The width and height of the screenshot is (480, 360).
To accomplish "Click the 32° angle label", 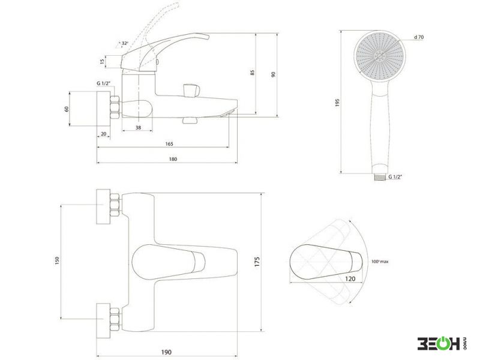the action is (125, 43).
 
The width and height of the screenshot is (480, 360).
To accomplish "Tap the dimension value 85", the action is (253, 73).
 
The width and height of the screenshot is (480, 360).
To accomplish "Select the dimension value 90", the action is (274, 74).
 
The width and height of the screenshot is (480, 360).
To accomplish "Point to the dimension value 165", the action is (169, 144).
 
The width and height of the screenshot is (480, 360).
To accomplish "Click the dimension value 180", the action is (173, 159).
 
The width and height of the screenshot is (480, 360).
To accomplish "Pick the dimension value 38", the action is (139, 128).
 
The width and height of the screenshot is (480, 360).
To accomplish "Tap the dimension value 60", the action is (67, 109).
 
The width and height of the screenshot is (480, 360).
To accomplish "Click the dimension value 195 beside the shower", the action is (337, 103).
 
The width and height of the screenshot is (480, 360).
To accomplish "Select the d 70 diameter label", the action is (419, 37).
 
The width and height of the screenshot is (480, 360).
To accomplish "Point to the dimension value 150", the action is (57, 260).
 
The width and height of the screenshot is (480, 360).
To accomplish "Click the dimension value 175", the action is (257, 262).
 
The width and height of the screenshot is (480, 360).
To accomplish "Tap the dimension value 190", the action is (166, 352).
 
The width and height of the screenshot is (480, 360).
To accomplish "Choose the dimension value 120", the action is (350, 279).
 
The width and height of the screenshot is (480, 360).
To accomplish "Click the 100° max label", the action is (380, 262).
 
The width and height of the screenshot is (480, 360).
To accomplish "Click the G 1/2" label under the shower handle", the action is (395, 176).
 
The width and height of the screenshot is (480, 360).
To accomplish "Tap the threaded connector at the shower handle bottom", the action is (380, 177).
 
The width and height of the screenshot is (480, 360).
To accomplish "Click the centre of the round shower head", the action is (380, 56).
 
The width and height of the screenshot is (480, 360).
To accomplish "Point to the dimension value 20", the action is (103, 134).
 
